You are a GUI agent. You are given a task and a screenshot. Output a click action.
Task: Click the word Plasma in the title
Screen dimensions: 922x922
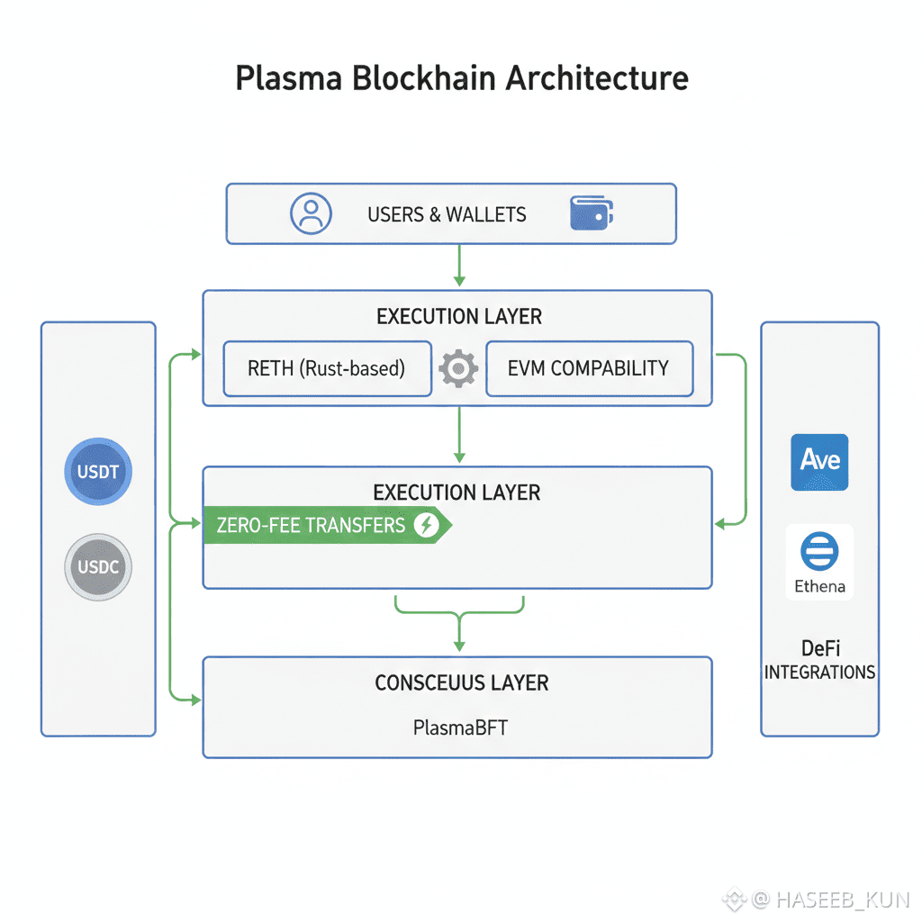pos(289,78)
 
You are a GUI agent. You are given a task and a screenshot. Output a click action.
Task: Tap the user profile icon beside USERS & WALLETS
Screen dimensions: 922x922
pos(311,213)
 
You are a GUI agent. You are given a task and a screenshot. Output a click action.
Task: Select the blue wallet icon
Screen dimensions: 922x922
pos(592,213)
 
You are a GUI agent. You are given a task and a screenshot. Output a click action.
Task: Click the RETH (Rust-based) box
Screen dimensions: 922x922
pos(327,368)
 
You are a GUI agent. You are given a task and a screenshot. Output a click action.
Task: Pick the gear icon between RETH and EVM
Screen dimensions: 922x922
pos(458,368)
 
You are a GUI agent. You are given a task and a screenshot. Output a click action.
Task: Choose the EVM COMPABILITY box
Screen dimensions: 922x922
pos(589,368)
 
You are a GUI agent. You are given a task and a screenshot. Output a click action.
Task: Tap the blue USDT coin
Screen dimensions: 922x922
pos(99,472)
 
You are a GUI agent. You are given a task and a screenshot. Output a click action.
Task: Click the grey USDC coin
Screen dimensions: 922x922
pos(99,568)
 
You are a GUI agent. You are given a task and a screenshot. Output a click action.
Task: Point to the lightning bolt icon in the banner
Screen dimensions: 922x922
pos(426,525)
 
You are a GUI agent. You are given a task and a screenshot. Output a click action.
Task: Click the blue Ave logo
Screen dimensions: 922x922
pos(819,461)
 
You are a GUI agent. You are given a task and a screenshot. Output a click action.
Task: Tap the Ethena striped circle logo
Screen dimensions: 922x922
pos(819,550)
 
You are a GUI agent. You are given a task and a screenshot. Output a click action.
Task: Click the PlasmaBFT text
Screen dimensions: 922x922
pos(460,726)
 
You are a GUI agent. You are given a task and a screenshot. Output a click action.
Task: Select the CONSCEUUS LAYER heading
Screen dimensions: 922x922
pos(461,682)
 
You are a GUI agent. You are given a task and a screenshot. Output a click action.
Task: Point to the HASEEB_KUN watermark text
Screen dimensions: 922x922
pos(841,899)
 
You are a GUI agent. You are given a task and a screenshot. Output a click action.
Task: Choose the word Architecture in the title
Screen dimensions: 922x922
pos(597,78)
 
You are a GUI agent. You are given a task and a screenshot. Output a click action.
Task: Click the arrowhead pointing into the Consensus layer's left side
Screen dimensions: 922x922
pos(195,699)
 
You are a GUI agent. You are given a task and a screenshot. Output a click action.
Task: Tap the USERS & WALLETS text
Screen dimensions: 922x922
pos(447,214)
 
